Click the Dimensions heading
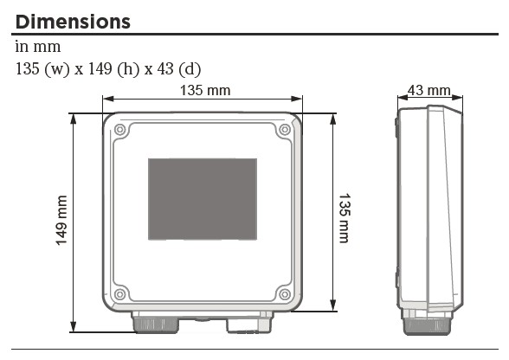tap(73, 22)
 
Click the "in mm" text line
tap(38, 47)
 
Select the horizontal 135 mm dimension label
tap(205, 90)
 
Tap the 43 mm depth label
tap(428, 90)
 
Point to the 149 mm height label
tap(61, 221)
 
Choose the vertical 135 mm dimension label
tap(345, 218)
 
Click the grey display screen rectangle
tap(203, 199)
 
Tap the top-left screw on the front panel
tap(119, 130)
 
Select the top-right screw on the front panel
tap(285, 130)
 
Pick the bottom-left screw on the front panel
tap(119, 294)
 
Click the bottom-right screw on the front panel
tap(285, 294)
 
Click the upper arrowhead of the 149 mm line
tap(74, 119)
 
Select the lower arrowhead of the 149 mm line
tap(74, 326)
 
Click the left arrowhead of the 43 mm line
tap(403, 98)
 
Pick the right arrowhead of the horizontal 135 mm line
tap(297, 99)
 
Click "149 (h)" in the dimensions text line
tap(112, 69)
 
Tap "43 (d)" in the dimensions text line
tap(179, 69)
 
